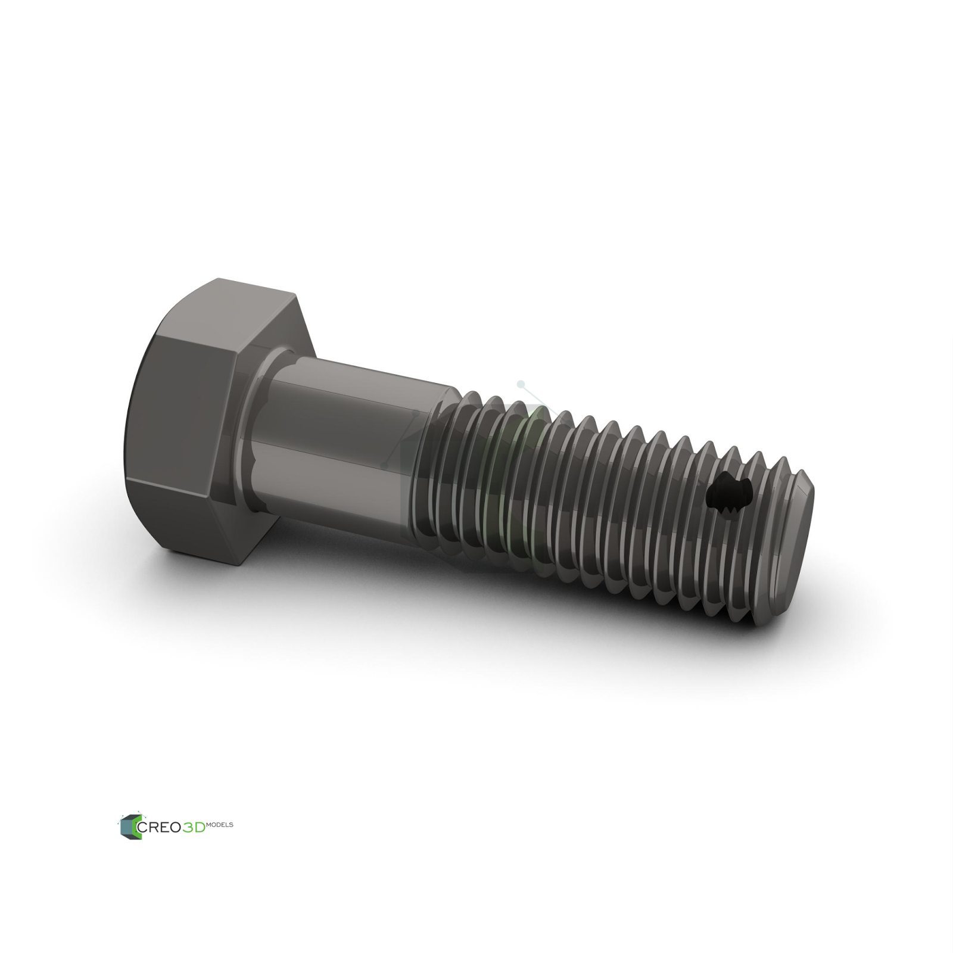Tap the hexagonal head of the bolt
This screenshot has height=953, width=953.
[197, 417]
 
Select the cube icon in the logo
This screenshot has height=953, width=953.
[129, 827]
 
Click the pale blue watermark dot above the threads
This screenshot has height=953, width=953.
[521, 384]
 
